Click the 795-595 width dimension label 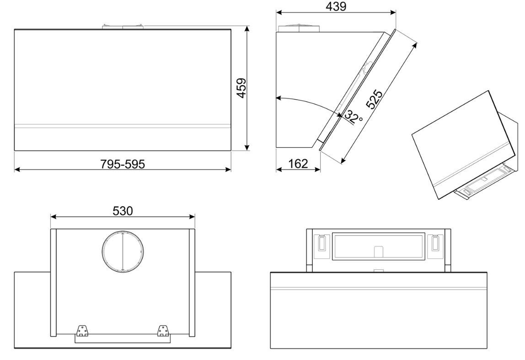pyautogui.click(x=123, y=164)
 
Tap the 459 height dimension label pyautogui.click(x=241, y=88)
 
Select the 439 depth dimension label pyautogui.click(x=336, y=6)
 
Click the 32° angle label pyautogui.click(x=354, y=117)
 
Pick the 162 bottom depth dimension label pyautogui.click(x=298, y=164)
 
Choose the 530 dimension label pyautogui.click(x=123, y=211)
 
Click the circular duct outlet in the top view pyautogui.click(x=123, y=251)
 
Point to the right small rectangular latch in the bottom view pyautogui.click(x=435, y=243)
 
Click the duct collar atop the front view pyautogui.click(x=123, y=27)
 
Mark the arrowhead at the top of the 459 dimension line pyautogui.click(x=247, y=28)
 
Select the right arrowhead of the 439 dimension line pyautogui.click(x=393, y=12)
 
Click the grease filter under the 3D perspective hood pyautogui.click(x=482, y=181)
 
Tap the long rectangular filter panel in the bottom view pyautogui.click(x=378, y=247)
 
